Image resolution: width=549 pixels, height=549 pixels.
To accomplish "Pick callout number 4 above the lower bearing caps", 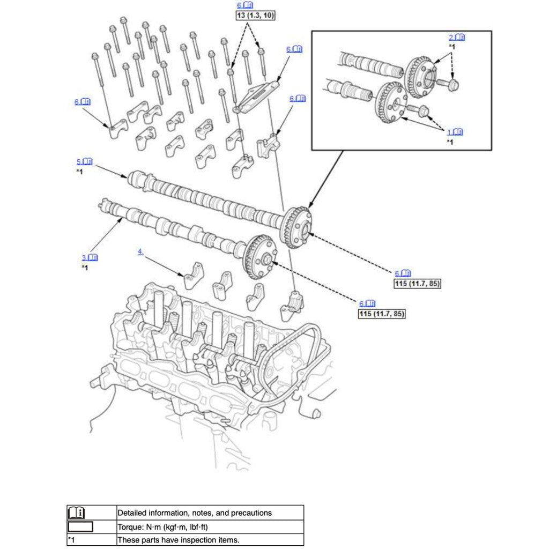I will pos(140,251).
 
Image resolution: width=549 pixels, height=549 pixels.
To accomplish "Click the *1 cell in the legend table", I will pos(72,540).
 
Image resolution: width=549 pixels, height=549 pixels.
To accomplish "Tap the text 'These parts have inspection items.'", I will pos(178,540).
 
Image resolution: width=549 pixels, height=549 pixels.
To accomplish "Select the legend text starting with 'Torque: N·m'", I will pos(162,526).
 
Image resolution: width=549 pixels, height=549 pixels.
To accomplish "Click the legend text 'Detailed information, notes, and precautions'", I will pos(194,513).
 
